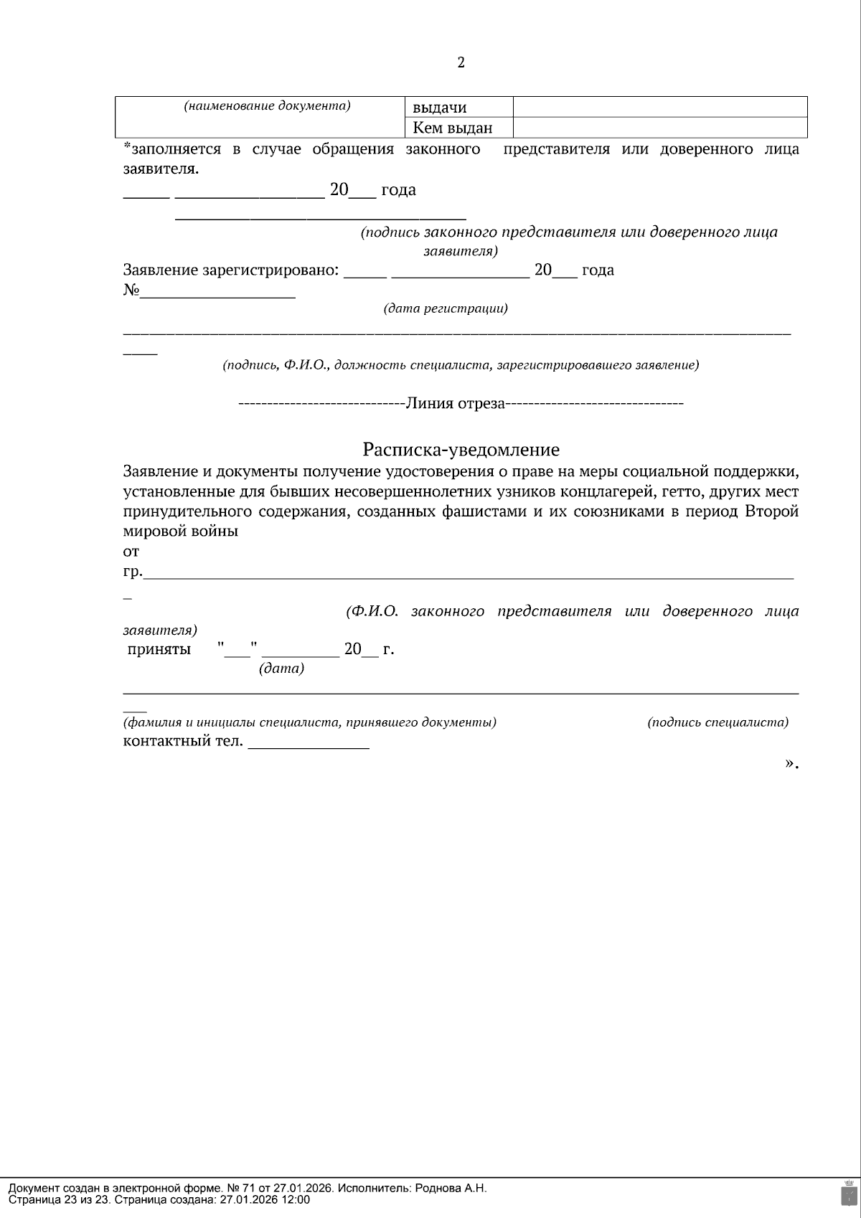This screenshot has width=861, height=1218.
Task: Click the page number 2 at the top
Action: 461,63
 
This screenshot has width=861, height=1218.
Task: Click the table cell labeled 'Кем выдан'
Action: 452,128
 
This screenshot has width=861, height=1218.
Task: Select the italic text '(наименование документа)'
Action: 267,106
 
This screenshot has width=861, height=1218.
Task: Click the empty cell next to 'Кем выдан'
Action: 660,128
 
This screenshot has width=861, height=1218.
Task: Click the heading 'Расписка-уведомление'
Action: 461,450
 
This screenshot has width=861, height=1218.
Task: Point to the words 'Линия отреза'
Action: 456,403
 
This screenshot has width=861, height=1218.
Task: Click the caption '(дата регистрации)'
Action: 446,308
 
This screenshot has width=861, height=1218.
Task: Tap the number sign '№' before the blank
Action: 131,291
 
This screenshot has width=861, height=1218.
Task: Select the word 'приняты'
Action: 159,650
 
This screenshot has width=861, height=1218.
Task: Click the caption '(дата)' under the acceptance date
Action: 281,669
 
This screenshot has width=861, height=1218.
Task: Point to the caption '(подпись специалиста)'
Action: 717,722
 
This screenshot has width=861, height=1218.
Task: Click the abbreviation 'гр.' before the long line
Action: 133,572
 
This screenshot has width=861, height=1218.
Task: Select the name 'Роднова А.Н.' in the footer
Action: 451,1189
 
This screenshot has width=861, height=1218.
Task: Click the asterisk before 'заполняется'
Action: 127,148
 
